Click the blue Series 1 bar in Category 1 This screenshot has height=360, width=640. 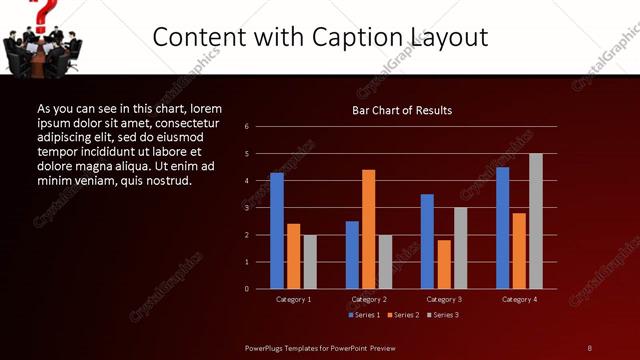(276, 231)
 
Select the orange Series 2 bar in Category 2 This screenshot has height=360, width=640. (368, 229)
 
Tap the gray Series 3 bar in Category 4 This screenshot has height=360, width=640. (535, 221)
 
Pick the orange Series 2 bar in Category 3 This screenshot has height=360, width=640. (444, 264)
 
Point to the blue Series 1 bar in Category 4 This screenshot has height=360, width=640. (502, 228)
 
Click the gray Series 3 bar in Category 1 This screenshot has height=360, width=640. (310, 262)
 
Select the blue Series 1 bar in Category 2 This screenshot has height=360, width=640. (352, 255)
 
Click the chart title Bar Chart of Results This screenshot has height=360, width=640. (402, 110)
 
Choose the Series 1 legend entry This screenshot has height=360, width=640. (365, 315)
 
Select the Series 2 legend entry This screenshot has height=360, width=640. (403, 315)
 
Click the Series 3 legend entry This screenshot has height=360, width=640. (443, 315)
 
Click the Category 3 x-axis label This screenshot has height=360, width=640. (443, 299)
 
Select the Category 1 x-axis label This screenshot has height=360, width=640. (293, 299)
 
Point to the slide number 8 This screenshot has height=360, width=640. (589, 347)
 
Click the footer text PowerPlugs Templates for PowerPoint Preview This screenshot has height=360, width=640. (320, 347)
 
